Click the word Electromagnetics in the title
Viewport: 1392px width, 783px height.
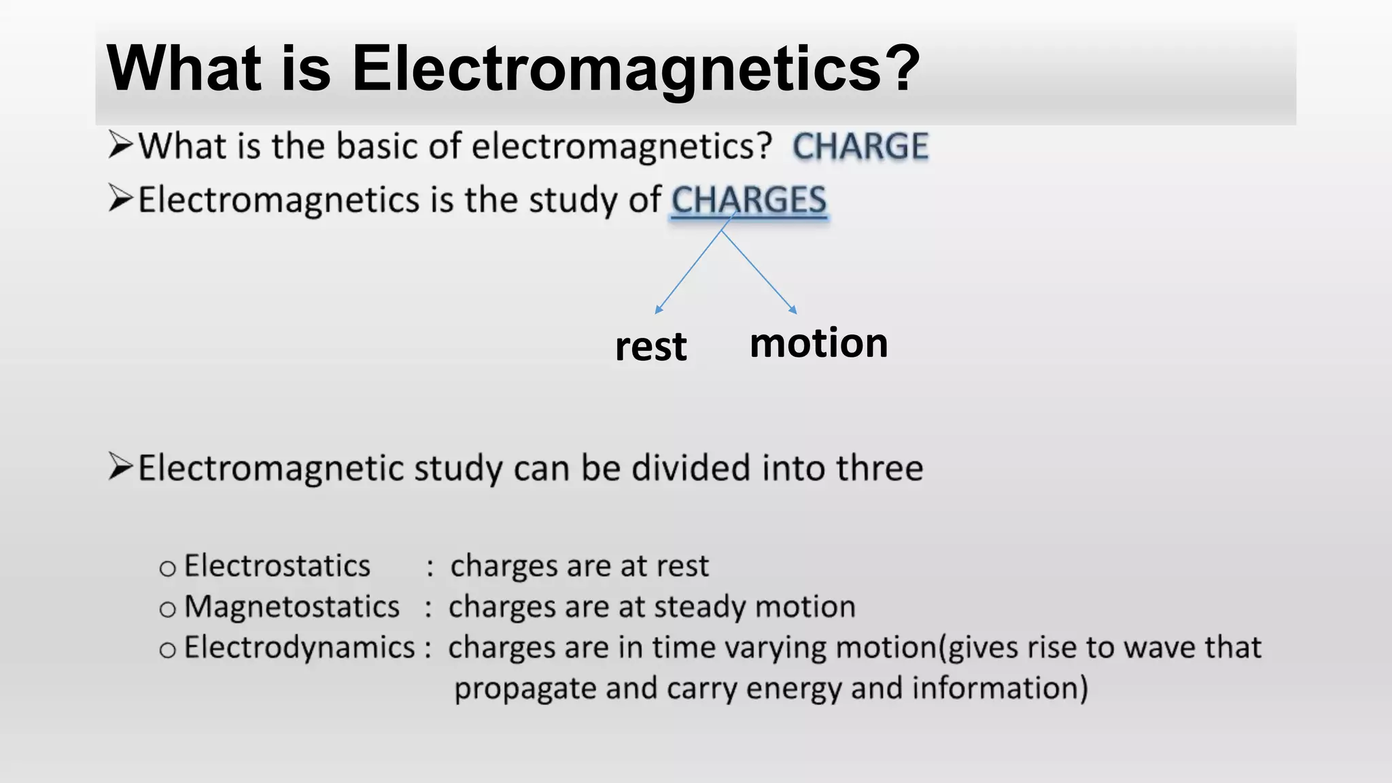coord(616,68)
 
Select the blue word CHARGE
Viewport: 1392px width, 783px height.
coord(860,146)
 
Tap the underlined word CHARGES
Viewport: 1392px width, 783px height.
coord(748,201)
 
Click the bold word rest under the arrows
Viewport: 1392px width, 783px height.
coord(650,347)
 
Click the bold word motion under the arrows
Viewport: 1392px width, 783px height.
coord(818,343)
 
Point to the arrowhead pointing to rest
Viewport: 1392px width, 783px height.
coord(658,310)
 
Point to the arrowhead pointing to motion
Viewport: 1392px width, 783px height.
coord(793,310)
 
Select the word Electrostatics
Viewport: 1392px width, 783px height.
coord(277,565)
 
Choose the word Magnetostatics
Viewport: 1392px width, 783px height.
coord(292,606)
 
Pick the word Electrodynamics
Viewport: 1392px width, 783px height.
coord(299,647)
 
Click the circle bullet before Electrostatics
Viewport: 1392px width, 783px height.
coord(167,568)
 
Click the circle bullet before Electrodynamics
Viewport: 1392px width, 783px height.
coord(167,650)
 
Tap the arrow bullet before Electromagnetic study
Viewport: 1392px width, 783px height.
coord(120,468)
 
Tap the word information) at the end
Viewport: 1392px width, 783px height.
coord(1000,688)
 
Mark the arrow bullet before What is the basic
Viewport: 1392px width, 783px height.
coord(120,145)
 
